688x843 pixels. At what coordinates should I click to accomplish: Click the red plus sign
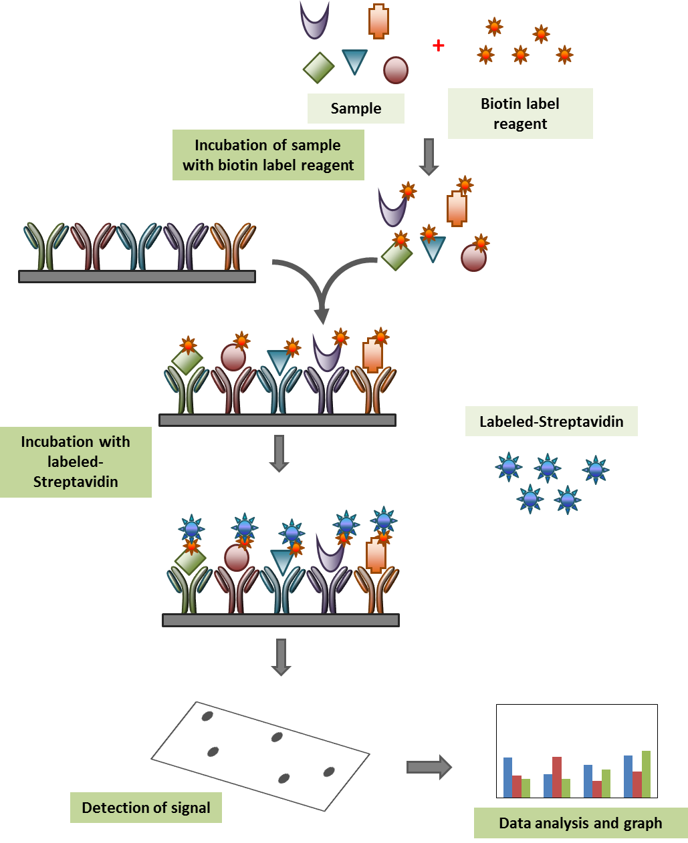pyautogui.click(x=439, y=45)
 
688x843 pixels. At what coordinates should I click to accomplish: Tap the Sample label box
pyautogui.click(x=356, y=108)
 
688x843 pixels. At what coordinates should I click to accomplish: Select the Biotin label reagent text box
pyautogui.click(x=520, y=114)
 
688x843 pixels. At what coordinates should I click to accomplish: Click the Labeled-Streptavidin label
pyautogui.click(x=551, y=421)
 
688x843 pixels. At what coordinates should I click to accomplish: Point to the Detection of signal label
pyautogui.click(x=146, y=808)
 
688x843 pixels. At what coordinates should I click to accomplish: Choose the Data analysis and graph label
pyautogui.click(x=580, y=823)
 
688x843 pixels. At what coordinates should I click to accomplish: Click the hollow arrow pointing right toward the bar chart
pyautogui.click(x=429, y=767)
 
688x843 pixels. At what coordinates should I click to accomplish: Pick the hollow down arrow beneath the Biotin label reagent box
pyautogui.click(x=429, y=157)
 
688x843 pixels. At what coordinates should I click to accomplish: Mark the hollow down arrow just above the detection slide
pyautogui.click(x=281, y=657)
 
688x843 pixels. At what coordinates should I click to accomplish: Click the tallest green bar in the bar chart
pyautogui.click(x=646, y=774)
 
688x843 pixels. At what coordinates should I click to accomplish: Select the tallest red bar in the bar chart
pyautogui.click(x=556, y=777)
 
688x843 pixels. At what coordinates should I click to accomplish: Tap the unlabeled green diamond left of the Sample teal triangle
pyautogui.click(x=319, y=67)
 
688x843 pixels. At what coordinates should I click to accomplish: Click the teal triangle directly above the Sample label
pyautogui.click(x=354, y=60)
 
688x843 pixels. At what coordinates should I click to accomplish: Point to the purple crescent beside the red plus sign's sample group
pyautogui.click(x=314, y=19)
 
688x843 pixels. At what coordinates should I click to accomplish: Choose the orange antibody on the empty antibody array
pyautogui.click(x=233, y=246)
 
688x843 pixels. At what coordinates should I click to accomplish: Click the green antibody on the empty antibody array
pyautogui.click(x=45, y=246)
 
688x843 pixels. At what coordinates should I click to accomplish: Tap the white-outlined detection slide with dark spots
pyautogui.click(x=261, y=755)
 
